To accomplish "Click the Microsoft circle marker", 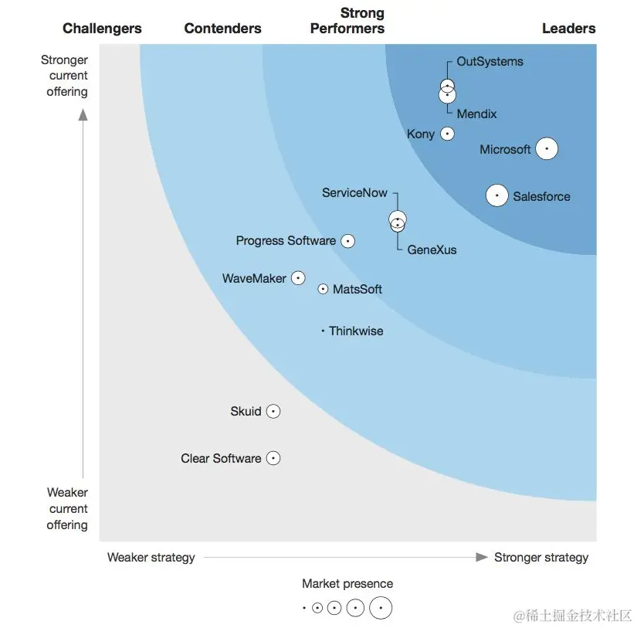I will [547, 148].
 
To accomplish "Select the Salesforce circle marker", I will [496, 195].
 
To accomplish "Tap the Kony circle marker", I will [447, 134].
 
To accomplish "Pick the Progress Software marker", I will [348, 241].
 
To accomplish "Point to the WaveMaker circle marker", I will [298, 278].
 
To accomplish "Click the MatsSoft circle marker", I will [323, 289].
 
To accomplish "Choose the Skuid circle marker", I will [273, 412].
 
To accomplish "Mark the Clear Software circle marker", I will [273, 458].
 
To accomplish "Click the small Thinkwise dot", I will [323, 331].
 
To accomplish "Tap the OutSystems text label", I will [490, 62].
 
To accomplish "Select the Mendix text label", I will [476, 114].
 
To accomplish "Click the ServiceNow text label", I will [354, 192].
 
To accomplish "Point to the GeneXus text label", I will [432, 250].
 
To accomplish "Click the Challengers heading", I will [102, 29].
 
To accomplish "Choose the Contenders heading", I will [222, 29].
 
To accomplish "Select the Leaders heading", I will [568, 29].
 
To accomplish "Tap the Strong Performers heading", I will [347, 21].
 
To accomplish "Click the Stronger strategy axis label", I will [540, 557].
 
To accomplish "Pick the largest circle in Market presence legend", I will [381, 608].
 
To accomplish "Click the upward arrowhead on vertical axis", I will [83, 115].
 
